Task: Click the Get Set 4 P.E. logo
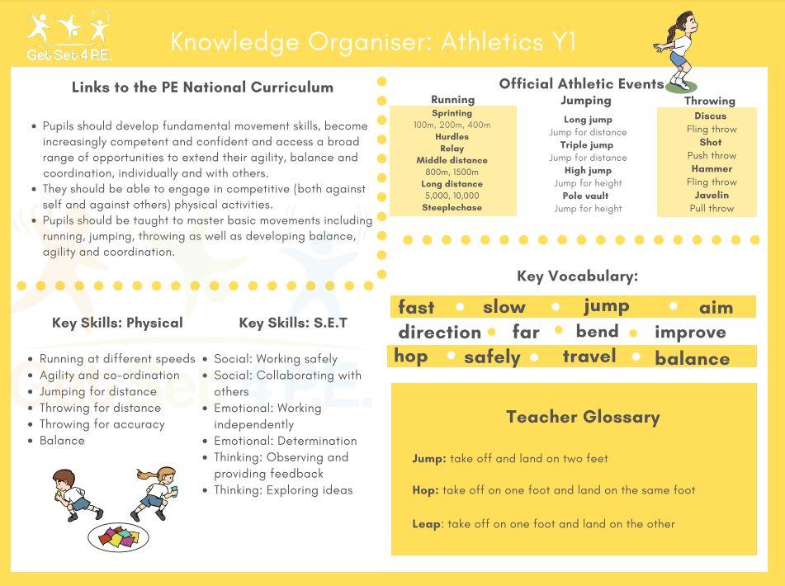(x=69, y=36)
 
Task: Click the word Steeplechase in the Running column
(x=452, y=208)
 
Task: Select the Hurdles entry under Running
(x=452, y=137)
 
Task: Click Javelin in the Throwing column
(x=711, y=196)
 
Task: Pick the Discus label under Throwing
(x=710, y=116)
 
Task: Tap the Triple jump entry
(x=587, y=145)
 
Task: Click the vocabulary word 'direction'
(x=439, y=333)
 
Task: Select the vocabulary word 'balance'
(x=692, y=359)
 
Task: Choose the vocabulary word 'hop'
(x=410, y=357)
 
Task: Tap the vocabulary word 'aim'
(x=716, y=308)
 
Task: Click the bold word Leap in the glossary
(x=426, y=524)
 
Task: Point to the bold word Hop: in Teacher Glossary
(x=425, y=490)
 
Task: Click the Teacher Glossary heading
(x=583, y=417)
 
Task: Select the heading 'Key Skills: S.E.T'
(x=293, y=323)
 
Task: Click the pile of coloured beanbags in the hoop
(x=120, y=537)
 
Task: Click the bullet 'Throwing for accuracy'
(x=102, y=424)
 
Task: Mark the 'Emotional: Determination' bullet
(x=285, y=441)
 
